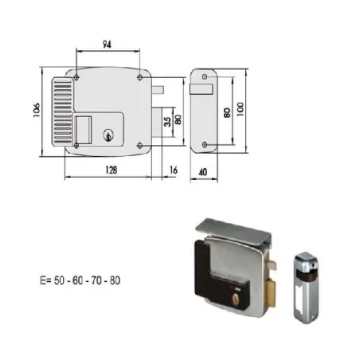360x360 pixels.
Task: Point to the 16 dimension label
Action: (174, 169)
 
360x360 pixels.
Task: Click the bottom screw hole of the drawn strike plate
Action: (205, 144)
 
